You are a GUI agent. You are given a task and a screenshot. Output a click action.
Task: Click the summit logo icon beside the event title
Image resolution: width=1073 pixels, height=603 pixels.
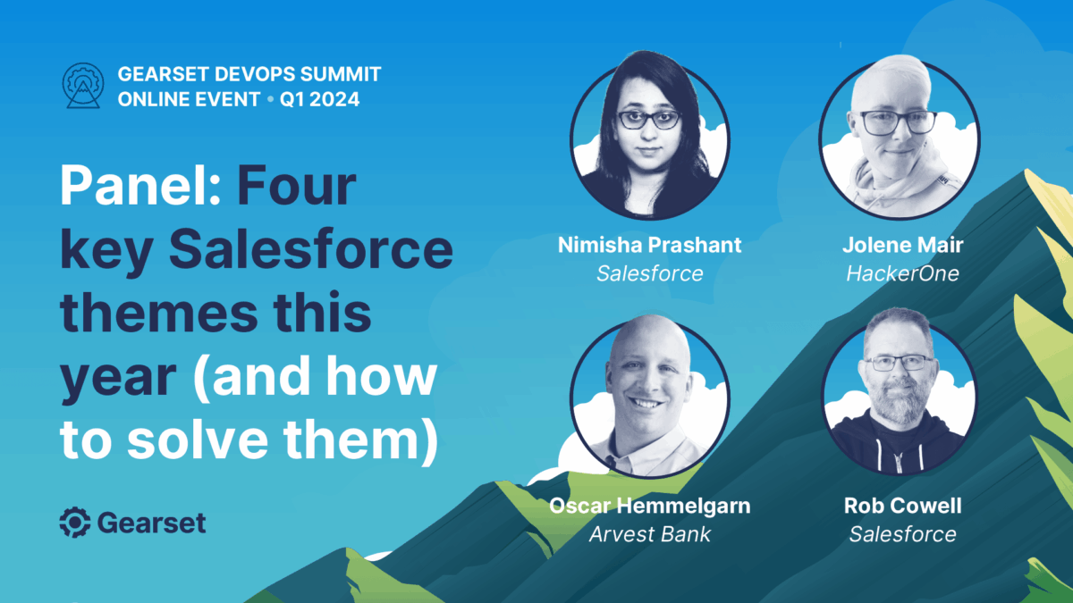pyautogui.click(x=83, y=86)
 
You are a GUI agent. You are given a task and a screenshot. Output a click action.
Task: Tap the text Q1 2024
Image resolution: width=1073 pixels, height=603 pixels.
pyautogui.click(x=319, y=99)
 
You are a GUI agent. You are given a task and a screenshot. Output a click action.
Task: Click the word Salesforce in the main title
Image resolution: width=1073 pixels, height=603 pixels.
pyautogui.click(x=311, y=249)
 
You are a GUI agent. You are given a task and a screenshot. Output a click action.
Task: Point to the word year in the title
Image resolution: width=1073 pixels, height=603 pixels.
pyautogui.click(x=118, y=379)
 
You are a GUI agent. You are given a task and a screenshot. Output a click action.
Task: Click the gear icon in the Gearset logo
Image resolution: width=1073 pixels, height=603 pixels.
pyautogui.click(x=75, y=522)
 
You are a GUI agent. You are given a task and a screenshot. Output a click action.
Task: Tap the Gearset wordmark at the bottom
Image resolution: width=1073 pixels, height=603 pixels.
pyautogui.click(x=151, y=522)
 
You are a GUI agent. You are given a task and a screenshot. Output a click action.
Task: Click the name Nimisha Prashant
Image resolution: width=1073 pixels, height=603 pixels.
pyautogui.click(x=649, y=245)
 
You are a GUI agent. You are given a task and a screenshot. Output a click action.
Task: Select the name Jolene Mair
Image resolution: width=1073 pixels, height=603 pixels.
pyautogui.click(x=902, y=245)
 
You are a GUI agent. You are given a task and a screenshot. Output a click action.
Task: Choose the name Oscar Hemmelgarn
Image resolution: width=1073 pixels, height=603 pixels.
pyautogui.click(x=649, y=507)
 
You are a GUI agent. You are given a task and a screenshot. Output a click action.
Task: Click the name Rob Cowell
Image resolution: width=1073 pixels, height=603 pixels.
pyautogui.click(x=902, y=506)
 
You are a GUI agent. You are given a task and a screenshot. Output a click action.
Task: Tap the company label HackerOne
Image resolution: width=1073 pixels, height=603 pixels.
pyautogui.click(x=902, y=273)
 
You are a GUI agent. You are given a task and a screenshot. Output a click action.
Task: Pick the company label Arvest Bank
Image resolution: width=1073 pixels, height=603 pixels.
pyautogui.click(x=649, y=534)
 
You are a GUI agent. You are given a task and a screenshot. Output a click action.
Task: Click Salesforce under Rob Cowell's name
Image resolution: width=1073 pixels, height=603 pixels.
pyautogui.click(x=902, y=534)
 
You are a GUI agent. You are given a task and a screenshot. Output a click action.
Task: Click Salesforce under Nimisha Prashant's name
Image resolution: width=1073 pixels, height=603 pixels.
pyautogui.click(x=649, y=273)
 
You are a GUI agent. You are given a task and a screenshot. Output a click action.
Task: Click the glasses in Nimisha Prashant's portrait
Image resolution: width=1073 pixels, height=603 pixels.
pyautogui.click(x=648, y=120)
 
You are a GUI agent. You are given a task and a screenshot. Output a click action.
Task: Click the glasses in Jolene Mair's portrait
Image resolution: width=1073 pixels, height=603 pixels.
pyautogui.click(x=898, y=122)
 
